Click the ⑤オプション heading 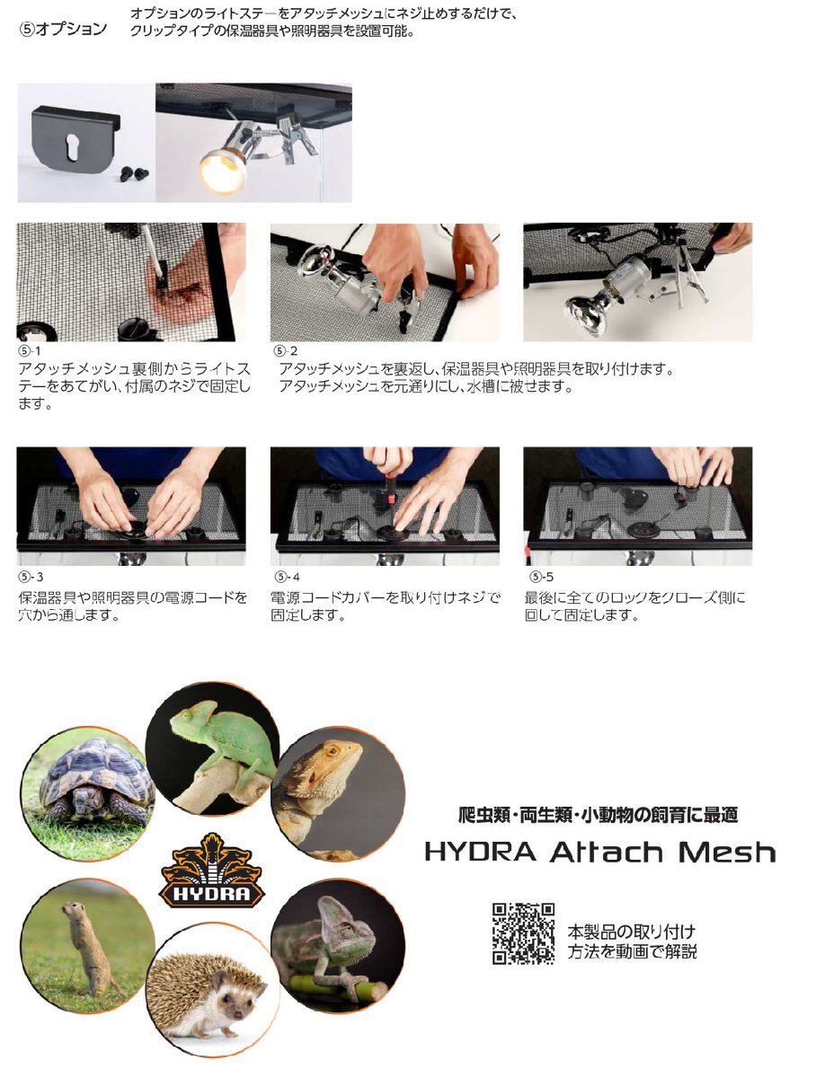pos(63,29)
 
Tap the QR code pos(523,933)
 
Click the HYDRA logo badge pos(211,870)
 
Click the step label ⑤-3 pos(30,577)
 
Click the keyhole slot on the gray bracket pos(75,146)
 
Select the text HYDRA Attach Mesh pos(599,851)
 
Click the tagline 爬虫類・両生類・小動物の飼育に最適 pos(598,816)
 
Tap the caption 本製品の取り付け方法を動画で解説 pos(631,941)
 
